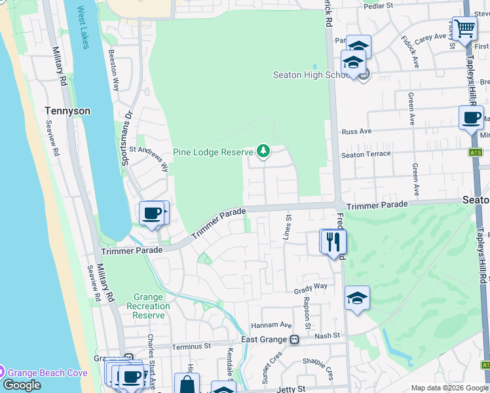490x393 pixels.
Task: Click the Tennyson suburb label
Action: coord(67,111)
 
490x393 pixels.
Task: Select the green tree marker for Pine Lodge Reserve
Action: coord(263,151)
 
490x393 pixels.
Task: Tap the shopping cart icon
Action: coord(464,29)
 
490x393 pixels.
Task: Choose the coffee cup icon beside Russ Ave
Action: coord(471,119)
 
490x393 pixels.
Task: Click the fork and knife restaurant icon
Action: coord(333,241)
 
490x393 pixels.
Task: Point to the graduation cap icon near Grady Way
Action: coord(357,298)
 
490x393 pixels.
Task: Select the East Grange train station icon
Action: coord(295,339)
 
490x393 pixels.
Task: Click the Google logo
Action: coord(21,385)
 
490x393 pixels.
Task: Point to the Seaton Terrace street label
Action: coord(366,154)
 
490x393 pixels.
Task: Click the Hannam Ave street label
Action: coord(271,325)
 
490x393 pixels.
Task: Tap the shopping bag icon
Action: coord(187,384)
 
